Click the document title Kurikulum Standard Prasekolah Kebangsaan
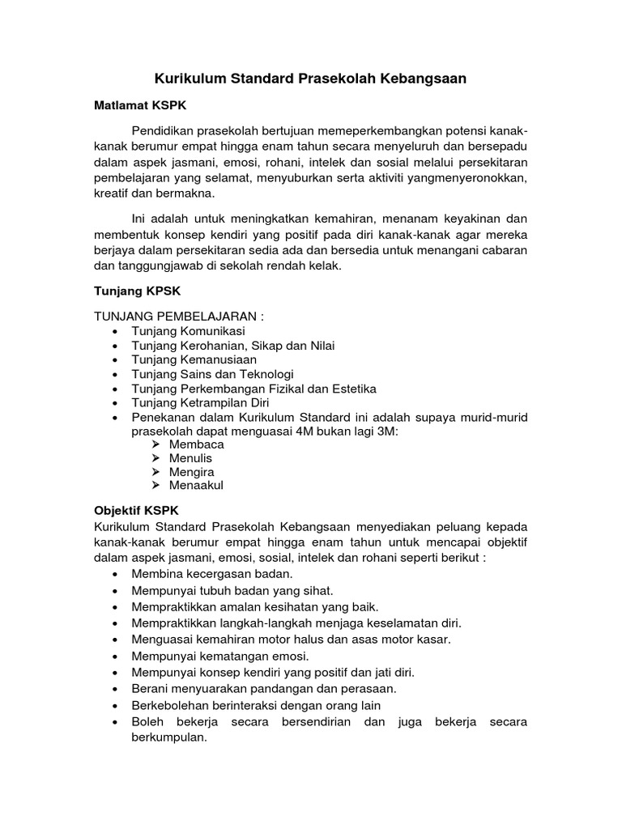point(311,79)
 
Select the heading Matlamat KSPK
point(141,106)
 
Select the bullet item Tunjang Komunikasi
point(188,331)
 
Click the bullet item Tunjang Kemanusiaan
point(194,359)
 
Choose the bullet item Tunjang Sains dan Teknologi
point(212,374)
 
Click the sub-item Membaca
point(197,444)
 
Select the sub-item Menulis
point(191,458)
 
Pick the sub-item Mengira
point(192,472)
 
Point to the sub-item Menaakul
point(196,486)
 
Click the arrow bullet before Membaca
point(155,444)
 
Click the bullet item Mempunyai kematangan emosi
point(220,656)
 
